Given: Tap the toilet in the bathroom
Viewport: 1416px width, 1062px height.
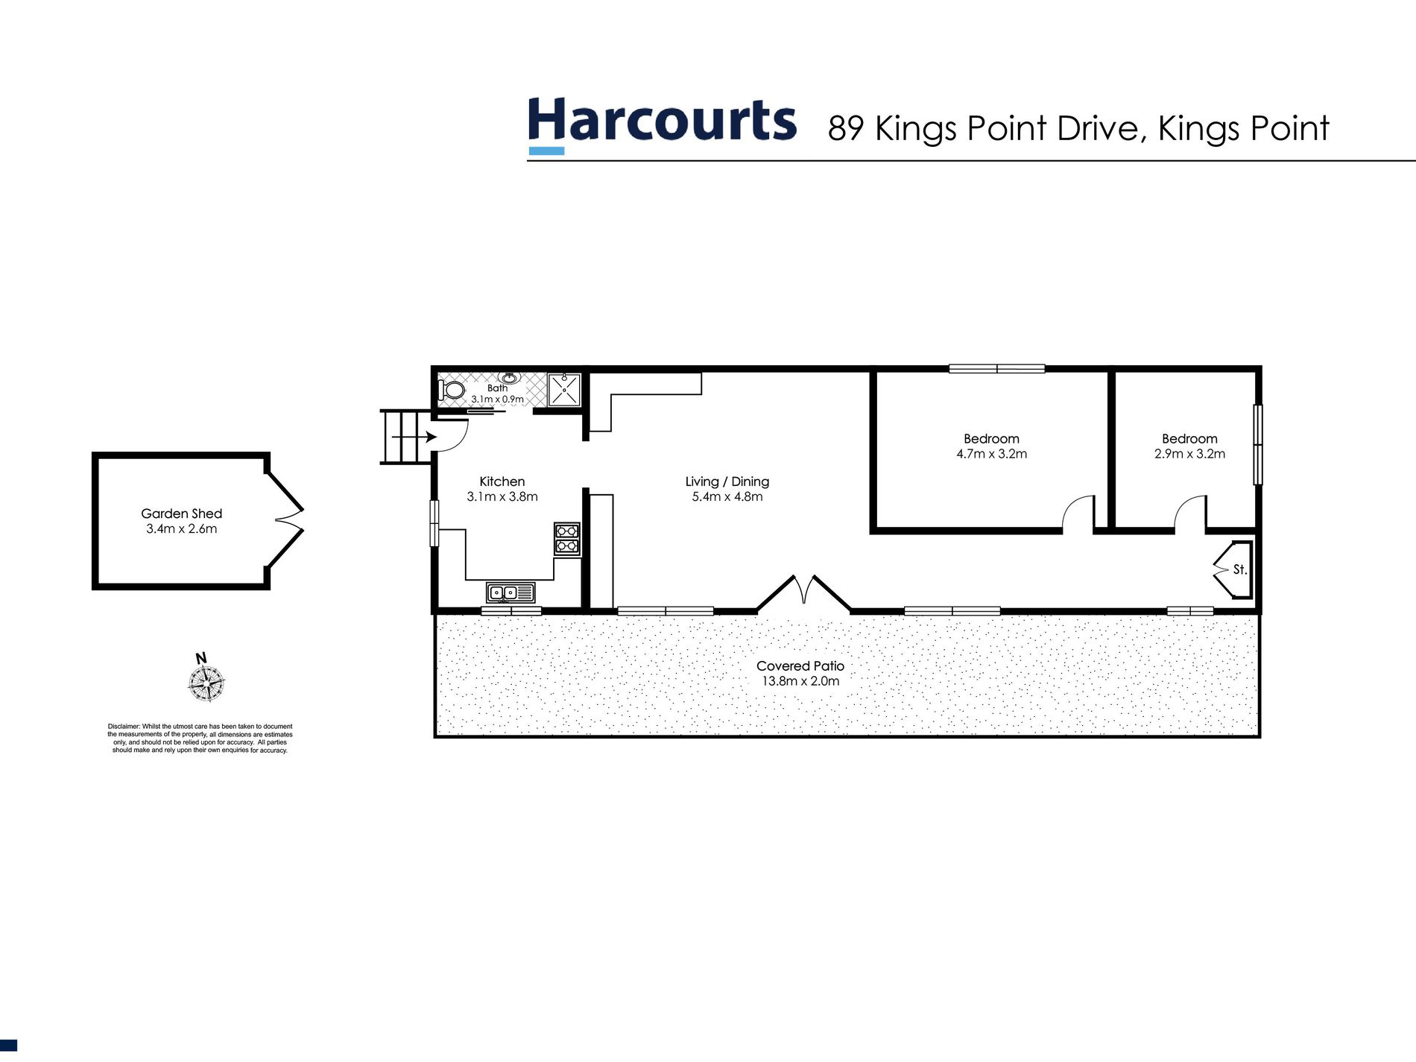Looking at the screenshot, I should (452, 390).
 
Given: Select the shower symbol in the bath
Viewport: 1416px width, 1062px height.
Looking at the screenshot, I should (564, 390).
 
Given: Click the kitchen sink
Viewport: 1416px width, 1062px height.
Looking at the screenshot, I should (511, 593).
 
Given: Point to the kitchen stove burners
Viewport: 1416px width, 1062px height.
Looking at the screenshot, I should (566, 538).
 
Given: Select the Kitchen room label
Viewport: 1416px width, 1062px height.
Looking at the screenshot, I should (502, 481).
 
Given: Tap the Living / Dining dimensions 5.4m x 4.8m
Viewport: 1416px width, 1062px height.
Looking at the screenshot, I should (727, 497).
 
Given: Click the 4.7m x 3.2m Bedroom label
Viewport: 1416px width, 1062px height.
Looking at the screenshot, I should (991, 446).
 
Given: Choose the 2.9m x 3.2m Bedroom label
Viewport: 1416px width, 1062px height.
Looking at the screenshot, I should (1189, 446).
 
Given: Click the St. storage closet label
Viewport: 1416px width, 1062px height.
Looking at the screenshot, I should (1239, 569).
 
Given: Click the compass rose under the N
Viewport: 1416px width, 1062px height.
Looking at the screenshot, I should (206, 683).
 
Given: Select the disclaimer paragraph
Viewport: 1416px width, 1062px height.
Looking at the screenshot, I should (200, 738).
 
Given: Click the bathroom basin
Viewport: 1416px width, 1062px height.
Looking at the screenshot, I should (510, 378).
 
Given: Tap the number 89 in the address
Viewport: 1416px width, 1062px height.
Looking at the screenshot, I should (845, 129).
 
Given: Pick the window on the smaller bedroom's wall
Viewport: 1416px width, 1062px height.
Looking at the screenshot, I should (1257, 444).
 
